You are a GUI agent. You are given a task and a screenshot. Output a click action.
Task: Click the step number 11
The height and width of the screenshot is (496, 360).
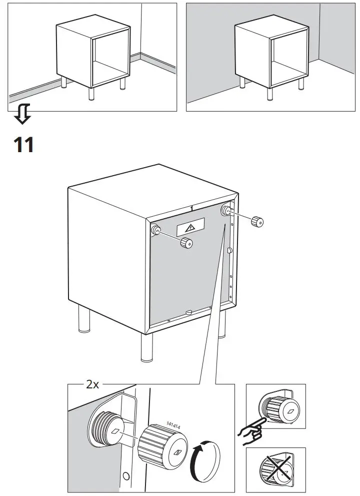(x=23, y=145)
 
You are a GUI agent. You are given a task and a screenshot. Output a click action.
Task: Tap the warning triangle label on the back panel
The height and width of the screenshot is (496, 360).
(x=190, y=228)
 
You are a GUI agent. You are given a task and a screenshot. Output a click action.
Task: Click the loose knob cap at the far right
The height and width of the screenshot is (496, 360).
(x=257, y=221)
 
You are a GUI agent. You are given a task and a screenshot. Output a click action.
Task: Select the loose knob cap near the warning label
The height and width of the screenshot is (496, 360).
(x=187, y=243)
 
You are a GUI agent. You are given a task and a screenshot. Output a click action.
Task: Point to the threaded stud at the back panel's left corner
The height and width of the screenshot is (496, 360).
(x=156, y=230)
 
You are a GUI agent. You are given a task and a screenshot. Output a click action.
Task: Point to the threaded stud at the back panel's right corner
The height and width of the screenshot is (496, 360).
(x=226, y=210)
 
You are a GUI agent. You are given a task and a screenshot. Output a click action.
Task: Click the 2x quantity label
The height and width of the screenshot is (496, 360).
(x=93, y=384)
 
